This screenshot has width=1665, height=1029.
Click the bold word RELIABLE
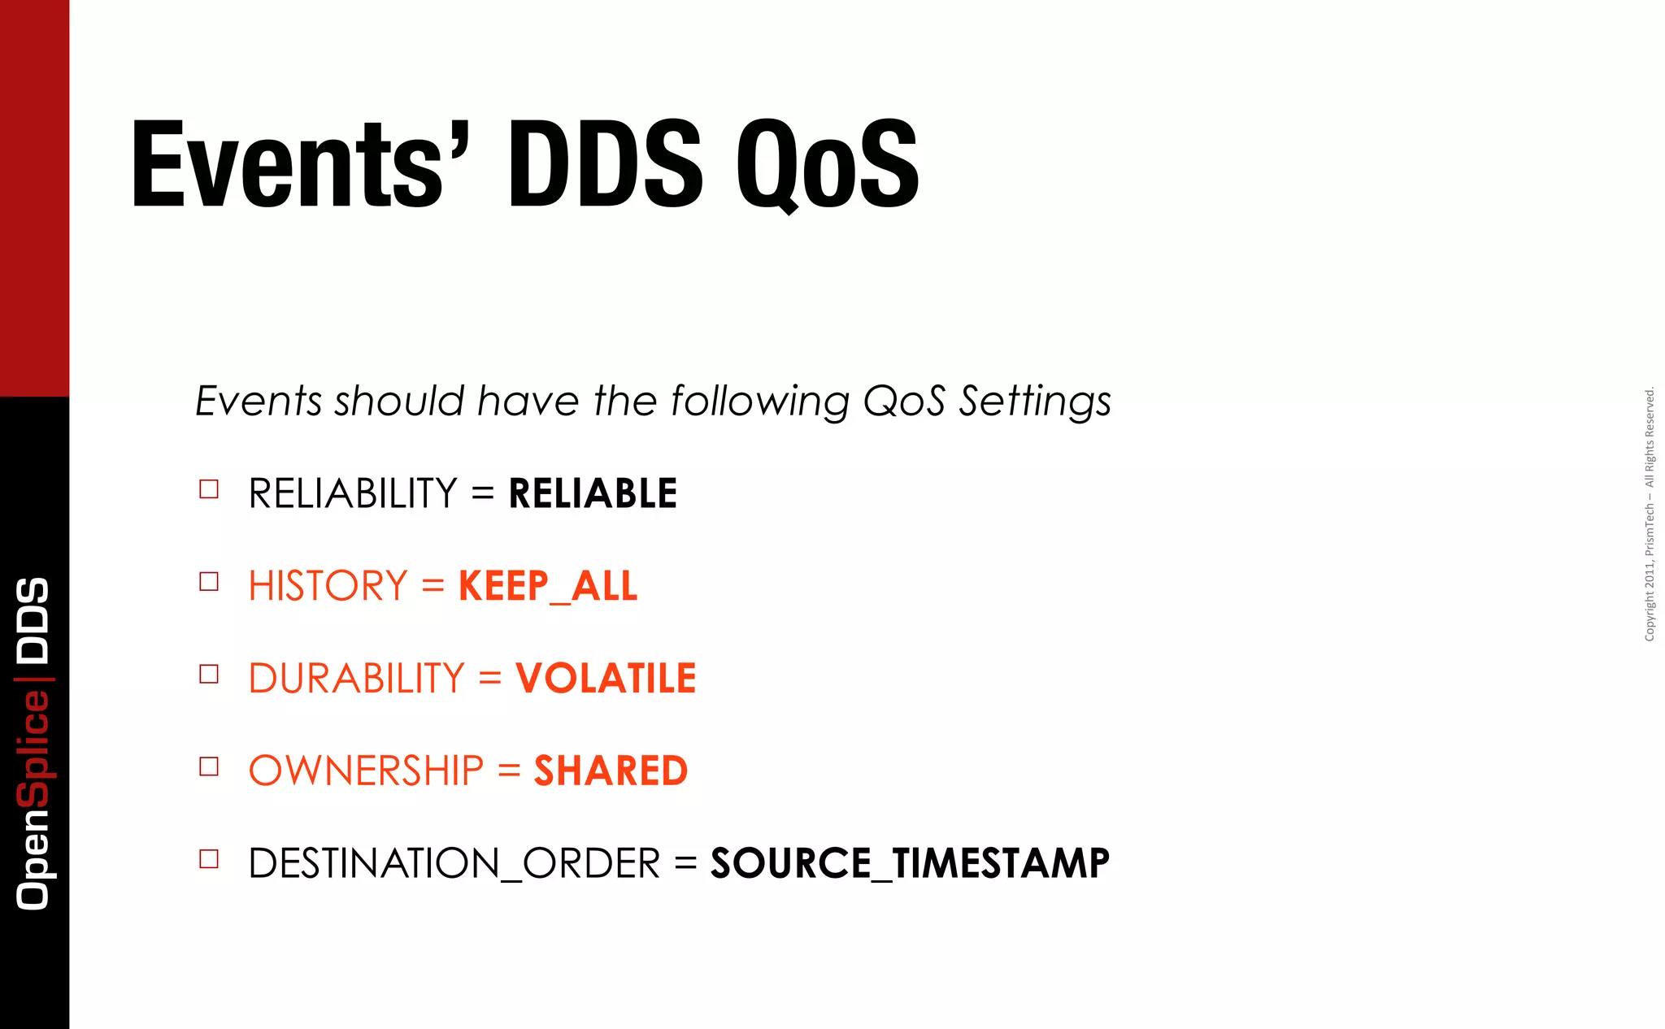tap(593, 493)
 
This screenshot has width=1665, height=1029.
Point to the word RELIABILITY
tap(353, 493)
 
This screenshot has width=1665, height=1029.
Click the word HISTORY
tap(328, 586)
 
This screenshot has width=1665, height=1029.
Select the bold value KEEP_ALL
tap(548, 586)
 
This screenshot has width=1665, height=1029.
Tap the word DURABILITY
tap(356, 679)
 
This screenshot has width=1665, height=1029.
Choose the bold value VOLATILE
tap(606, 679)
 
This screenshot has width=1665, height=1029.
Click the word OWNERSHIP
tap(366, 771)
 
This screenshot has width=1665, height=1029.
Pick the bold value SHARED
tap(611, 771)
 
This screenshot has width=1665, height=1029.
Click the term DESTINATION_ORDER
tap(454, 863)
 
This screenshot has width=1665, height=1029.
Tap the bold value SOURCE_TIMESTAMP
tap(910, 863)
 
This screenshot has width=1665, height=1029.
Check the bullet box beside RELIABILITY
tap(209, 489)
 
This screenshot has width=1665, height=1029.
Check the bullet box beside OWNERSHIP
tap(209, 766)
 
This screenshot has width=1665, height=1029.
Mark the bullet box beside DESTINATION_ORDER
tap(209, 859)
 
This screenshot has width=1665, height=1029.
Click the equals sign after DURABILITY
tap(489, 679)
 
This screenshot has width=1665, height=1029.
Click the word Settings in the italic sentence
tap(1034, 402)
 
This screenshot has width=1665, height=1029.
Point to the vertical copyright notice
tap(1649, 514)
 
